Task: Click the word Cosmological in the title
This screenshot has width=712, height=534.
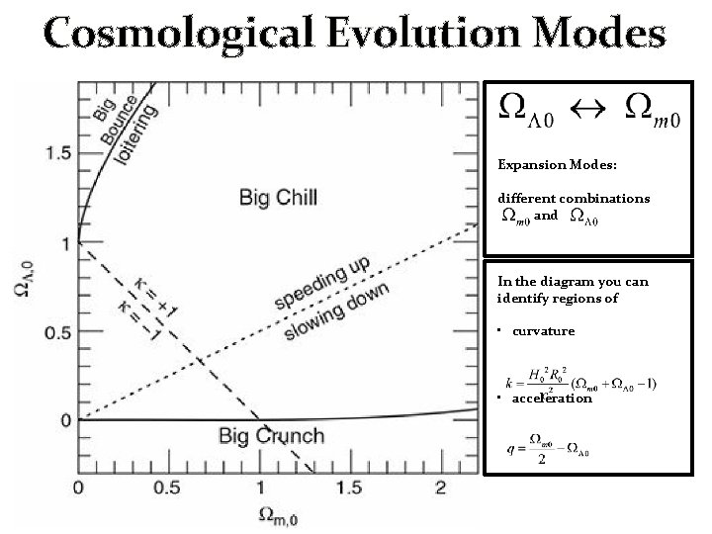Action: [x=184, y=35]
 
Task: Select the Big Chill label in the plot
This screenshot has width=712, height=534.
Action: [x=278, y=198]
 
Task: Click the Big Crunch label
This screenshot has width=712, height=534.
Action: [x=271, y=435]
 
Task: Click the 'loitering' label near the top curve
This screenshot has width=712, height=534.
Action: [x=138, y=139]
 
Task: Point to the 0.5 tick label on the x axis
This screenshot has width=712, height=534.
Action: [x=168, y=489]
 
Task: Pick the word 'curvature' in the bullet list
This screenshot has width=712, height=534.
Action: [x=543, y=330]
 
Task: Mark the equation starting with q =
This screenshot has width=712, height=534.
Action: [x=546, y=444]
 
